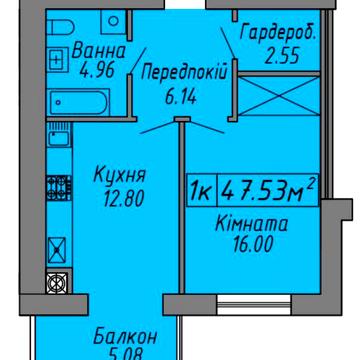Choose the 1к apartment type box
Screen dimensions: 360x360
pos(200,187)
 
